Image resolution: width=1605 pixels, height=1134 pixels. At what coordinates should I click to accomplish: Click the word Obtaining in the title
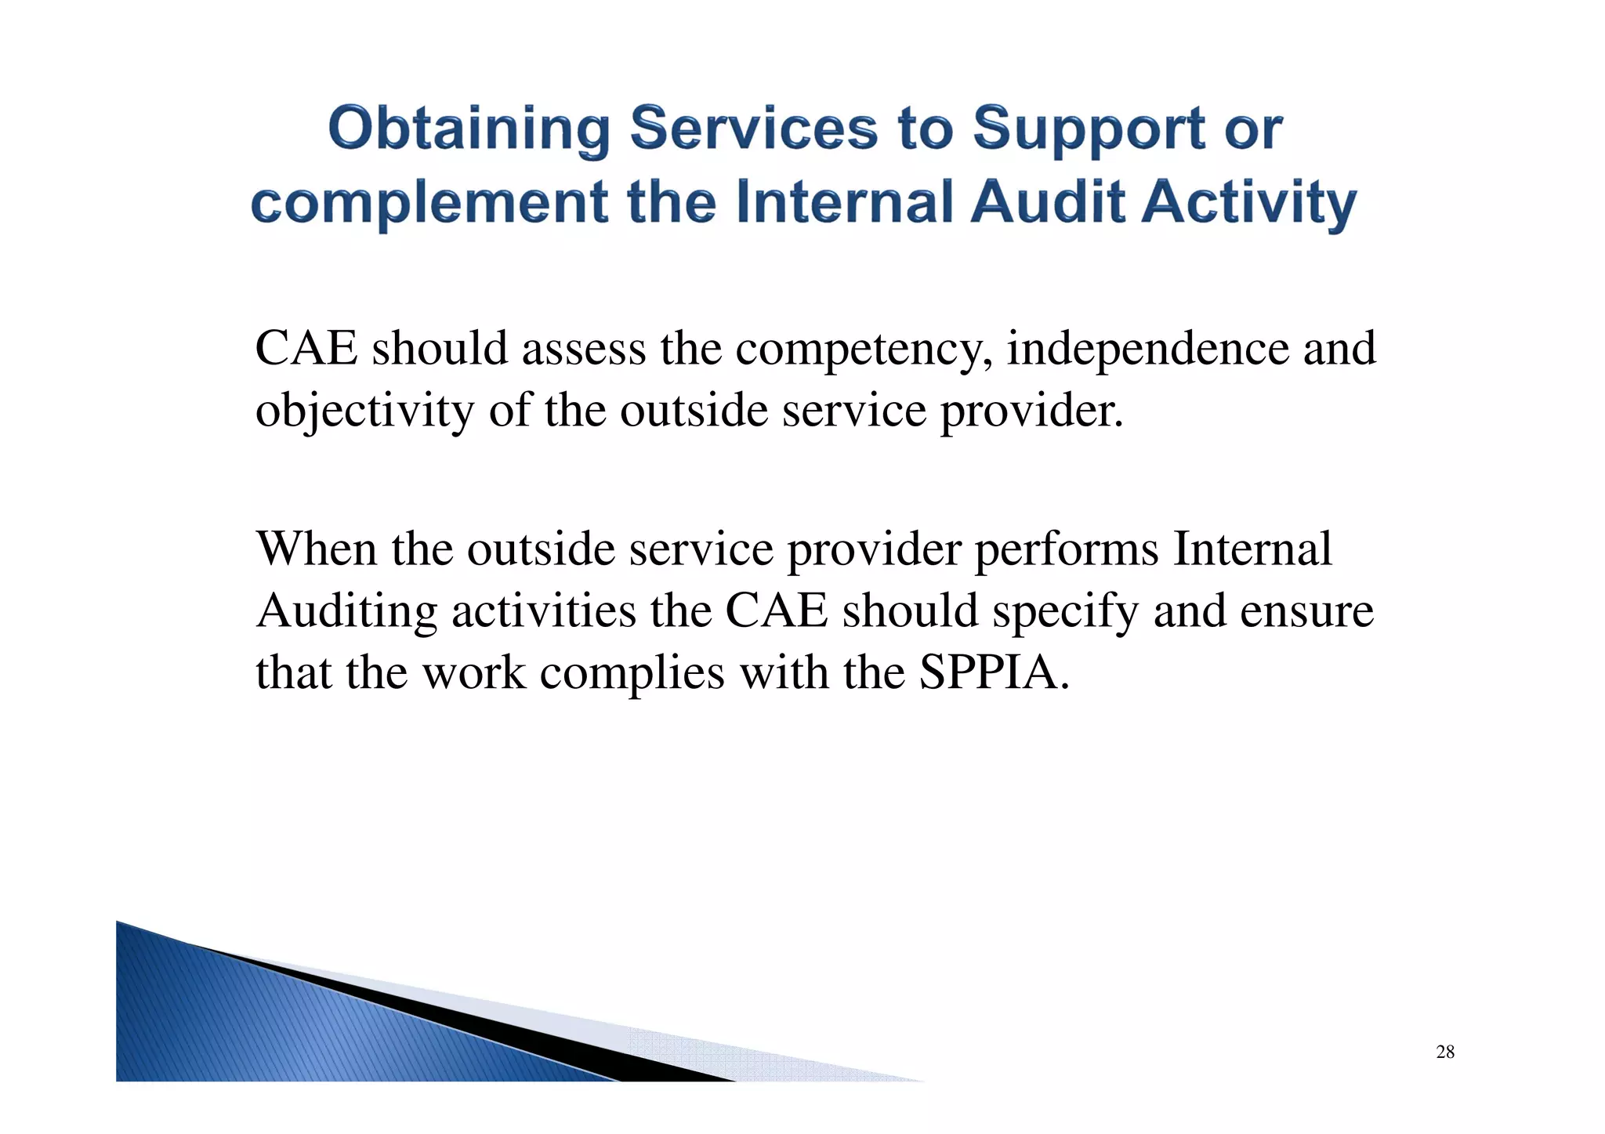point(469,129)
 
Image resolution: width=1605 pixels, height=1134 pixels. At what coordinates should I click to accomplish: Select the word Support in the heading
point(1089,129)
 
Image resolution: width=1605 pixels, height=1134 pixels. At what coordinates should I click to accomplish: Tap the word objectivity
point(365,411)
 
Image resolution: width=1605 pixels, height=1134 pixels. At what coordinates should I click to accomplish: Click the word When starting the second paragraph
point(317,549)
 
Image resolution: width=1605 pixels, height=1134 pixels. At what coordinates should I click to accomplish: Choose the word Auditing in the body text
point(346,611)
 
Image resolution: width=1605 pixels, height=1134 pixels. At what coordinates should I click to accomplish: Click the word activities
point(544,610)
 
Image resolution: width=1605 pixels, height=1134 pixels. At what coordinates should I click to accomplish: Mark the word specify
point(1065,612)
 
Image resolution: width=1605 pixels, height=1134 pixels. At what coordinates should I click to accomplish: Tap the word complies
point(632,673)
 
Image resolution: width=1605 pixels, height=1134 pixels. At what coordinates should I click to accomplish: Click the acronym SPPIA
point(994,672)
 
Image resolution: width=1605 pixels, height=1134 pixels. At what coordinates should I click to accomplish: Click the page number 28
point(1445,1052)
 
